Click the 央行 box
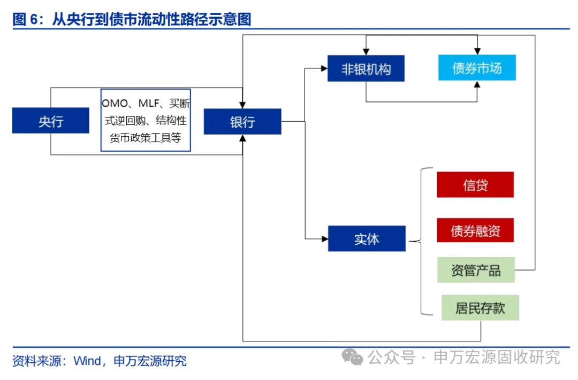[51, 121]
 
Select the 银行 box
[242, 122]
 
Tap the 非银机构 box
[366, 69]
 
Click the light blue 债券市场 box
[477, 68]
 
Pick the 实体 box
[367, 239]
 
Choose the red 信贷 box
[475, 185]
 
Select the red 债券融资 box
[475, 230]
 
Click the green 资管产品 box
[475, 270]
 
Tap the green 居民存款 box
[480, 308]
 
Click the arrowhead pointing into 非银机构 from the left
[324, 68]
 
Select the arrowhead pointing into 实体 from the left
[324, 237]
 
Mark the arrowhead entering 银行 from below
[243, 138]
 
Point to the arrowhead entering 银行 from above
[243, 105]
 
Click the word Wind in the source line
[87, 361]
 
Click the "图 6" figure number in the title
[26, 20]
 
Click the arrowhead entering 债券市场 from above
[477, 51]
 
